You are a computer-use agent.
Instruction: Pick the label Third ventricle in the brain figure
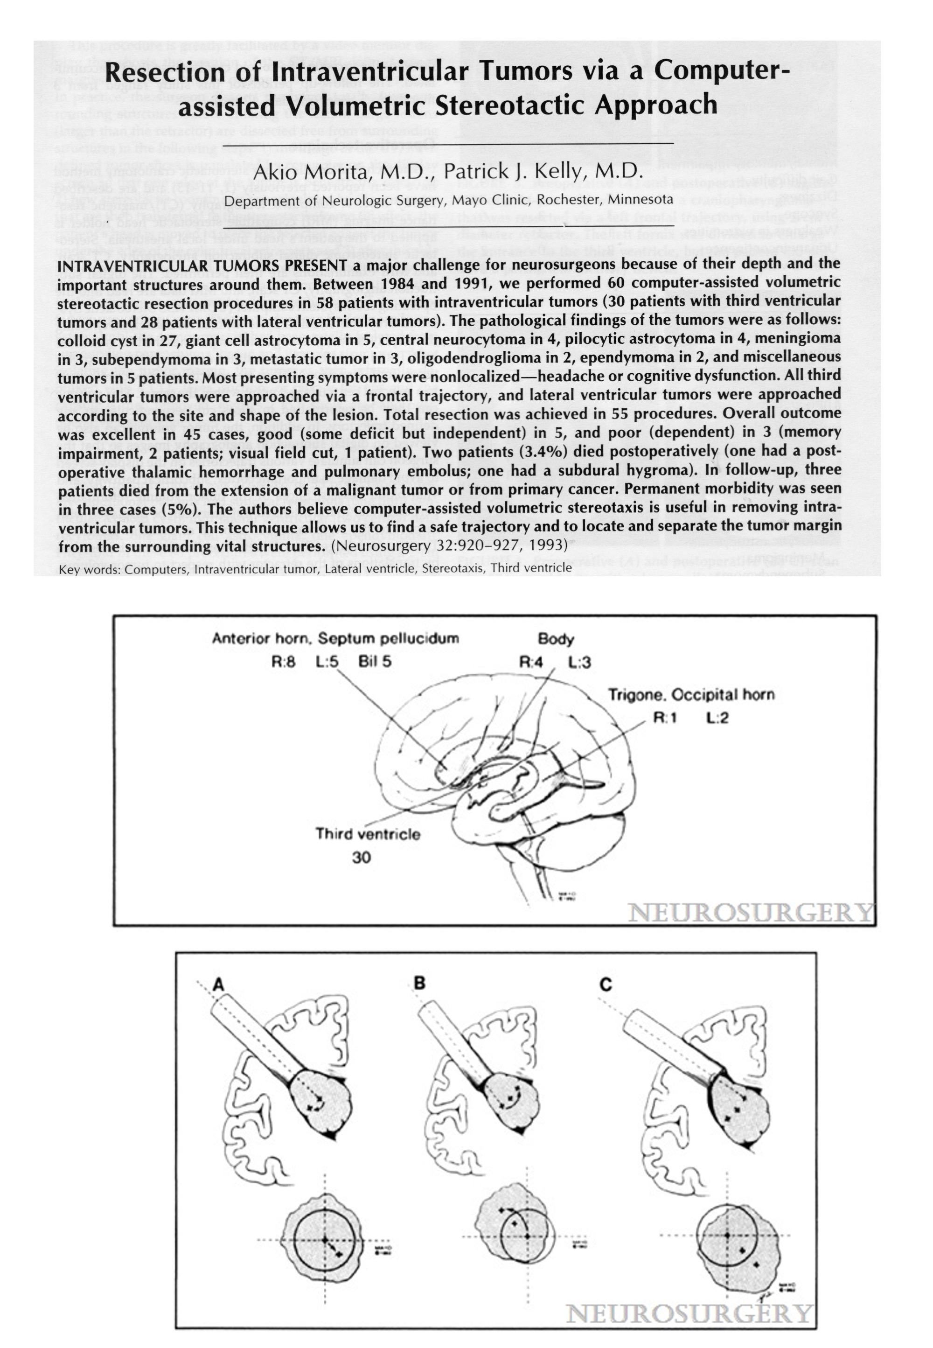coord(368,834)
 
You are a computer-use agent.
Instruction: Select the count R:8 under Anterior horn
coord(284,662)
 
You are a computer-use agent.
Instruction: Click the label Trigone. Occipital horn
coord(691,695)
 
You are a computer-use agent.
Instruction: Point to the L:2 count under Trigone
coord(717,718)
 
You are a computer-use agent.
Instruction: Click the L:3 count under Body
coord(579,662)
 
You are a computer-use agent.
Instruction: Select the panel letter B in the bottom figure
coord(419,983)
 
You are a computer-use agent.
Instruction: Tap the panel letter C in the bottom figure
coord(606,985)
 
